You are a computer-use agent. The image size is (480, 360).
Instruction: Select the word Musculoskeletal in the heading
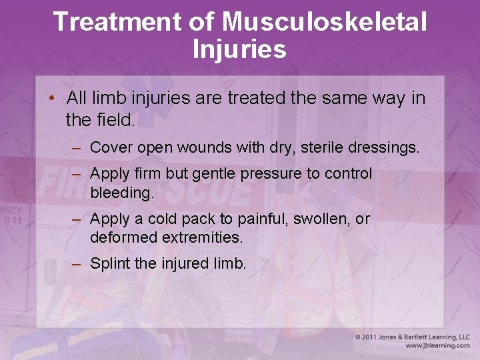coord(325,21)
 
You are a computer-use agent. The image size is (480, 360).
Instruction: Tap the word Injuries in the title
coord(239,49)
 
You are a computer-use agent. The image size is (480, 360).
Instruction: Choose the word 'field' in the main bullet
coord(115,120)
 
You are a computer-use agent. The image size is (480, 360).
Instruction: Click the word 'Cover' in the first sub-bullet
coord(109,147)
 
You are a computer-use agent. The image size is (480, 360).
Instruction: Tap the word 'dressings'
coord(385,147)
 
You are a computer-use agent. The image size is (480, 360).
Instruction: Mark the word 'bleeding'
coord(120,193)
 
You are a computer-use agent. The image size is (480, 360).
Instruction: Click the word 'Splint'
coord(110,263)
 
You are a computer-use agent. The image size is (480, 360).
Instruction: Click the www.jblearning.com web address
coord(437,346)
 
